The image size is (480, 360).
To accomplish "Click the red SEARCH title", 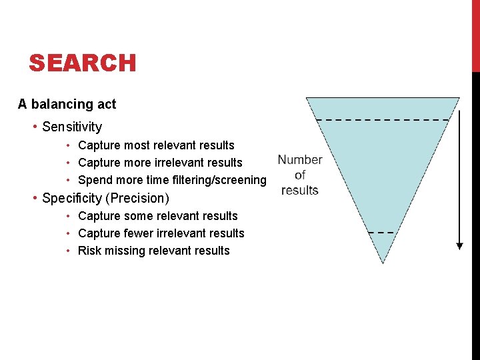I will tap(83, 63).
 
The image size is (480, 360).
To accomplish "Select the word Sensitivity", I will tap(72, 127).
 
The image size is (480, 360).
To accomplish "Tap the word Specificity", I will tap(72, 198).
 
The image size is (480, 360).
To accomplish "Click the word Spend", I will tap(95, 180).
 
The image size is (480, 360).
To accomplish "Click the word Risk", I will tap(89, 251).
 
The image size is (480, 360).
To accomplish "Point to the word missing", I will tap(125, 251).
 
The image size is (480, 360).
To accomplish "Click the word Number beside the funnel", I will tap(300, 160).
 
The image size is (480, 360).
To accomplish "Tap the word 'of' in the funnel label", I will tap(300, 175).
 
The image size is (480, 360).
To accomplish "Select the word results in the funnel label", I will tap(300, 190).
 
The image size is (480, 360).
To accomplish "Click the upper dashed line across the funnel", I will tap(383, 119).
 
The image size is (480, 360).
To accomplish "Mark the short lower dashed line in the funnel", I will tap(382, 233).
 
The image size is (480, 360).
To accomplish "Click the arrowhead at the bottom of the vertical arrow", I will tap(459, 245).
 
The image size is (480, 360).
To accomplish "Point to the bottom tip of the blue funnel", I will tap(383, 262).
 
